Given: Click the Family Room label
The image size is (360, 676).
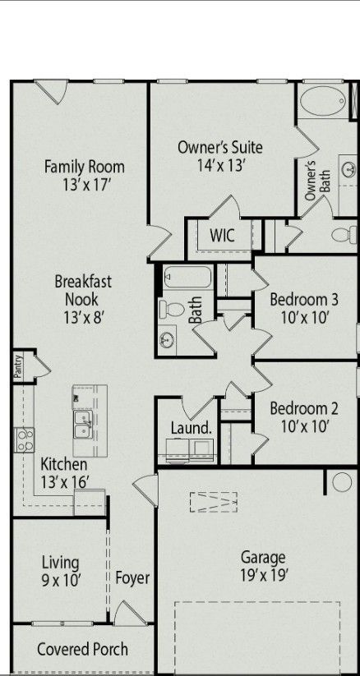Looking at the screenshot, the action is [x=85, y=167].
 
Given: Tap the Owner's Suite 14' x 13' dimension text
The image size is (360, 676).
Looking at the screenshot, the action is [x=221, y=166].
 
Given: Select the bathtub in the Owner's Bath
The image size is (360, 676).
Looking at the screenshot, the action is [x=322, y=101].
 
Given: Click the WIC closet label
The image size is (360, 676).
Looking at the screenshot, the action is [x=222, y=236].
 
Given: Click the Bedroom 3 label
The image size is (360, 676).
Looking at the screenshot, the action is [x=304, y=299].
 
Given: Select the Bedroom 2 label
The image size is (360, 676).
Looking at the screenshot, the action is [x=304, y=408].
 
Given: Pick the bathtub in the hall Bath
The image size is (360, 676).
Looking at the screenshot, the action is [x=187, y=277].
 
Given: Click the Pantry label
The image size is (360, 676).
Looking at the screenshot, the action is [x=18, y=366].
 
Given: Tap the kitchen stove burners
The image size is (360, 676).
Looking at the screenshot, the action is [x=24, y=439].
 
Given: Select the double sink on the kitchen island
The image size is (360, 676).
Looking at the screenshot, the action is [x=82, y=425].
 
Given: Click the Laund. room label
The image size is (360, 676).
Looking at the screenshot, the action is [x=192, y=428].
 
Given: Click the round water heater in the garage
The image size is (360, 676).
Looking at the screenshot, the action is [x=342, y=481].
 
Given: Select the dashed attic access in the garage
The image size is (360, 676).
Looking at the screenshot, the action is [x=213, y=502].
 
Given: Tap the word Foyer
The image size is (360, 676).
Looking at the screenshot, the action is [x=132, y=578].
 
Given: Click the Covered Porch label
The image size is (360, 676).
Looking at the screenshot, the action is [x=82, y=649].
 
